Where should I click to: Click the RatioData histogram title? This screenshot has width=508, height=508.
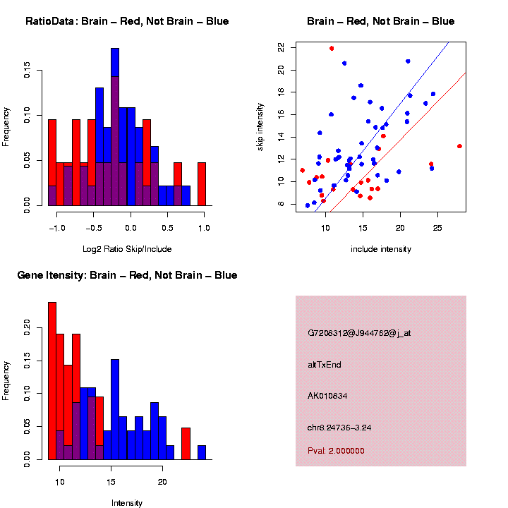pyautogui.click(x=127, y=21)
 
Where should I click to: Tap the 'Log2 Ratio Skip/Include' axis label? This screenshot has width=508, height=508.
pyautogui.click(x=126, y=248)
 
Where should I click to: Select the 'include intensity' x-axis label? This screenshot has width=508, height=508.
pyautogui.click(x=380, y=248)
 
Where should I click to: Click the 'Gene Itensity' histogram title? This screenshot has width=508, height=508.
pyautogui.click(x=127, y=275)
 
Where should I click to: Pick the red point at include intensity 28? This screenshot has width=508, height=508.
pyautogui.click(x=459, y=146)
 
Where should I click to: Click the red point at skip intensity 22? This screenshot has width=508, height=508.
pyautogui.click(x=332, y=48)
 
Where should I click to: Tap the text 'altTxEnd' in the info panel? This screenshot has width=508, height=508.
pyautogui.click(x=325, y=365)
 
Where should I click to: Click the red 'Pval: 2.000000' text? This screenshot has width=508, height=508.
pyautogui.click(x=336, y=450)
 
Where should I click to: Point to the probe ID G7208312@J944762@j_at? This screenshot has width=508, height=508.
pyautogui.click(x=359, y=334)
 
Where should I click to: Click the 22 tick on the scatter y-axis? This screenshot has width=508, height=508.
pyautogui.click(x=282, y=47)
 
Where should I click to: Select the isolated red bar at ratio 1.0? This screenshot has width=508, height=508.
pyautogui.click(x=202, y=186)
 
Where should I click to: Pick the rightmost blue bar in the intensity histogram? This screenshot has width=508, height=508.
pyautogui.click(x=202, y=452)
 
